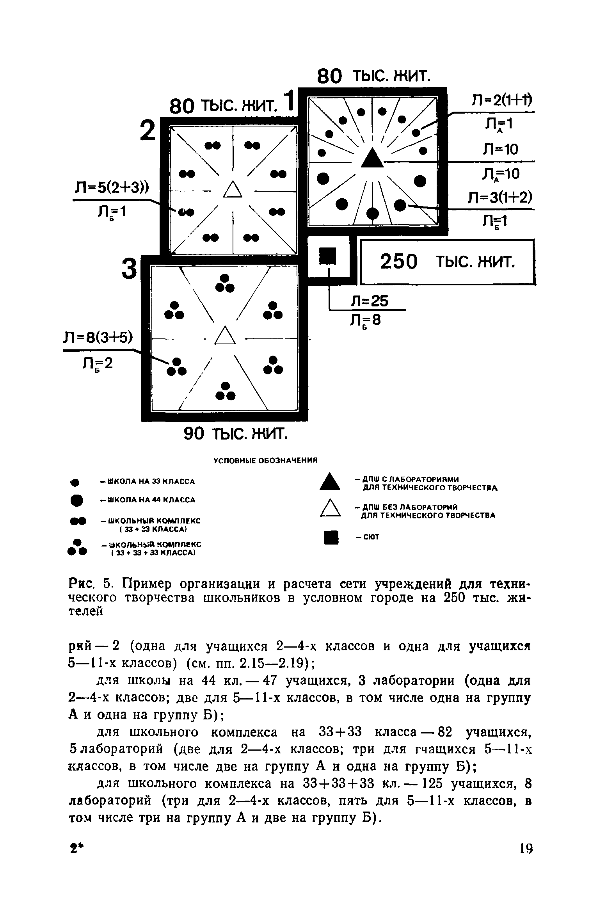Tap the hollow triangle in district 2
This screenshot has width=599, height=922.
click(x=233, y=190)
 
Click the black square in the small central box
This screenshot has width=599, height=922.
click(x=328, y=256)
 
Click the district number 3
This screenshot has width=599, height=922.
click(x=130, y=270)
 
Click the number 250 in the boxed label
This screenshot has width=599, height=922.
click(x=399, y=262)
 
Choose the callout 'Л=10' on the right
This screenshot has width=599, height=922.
click(x=500, y=149)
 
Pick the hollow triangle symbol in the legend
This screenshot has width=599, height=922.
click(x=331, y=509)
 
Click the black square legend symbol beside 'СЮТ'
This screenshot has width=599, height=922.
click(x=330, y=537)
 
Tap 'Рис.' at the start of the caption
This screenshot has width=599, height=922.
click(x=81, y=584)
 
